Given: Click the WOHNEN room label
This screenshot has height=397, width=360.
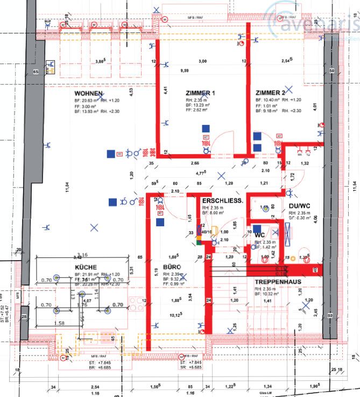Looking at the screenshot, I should coord(89,93).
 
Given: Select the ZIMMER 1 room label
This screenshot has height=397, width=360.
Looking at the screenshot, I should coord(200,93).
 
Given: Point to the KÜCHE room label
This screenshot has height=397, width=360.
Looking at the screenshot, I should coord(86,267).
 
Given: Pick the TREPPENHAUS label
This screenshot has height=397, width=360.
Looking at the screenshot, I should coord(278,282).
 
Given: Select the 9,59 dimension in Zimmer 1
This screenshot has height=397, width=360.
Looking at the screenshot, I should coord(183,70).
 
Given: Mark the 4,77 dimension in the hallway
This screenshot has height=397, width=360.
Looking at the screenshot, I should coord(201,173).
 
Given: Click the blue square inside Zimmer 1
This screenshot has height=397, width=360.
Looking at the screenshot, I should coord(205,128).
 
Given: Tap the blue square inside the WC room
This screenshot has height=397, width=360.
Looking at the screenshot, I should coord(257,229).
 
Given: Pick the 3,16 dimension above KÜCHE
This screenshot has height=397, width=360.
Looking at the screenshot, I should coord(83,255).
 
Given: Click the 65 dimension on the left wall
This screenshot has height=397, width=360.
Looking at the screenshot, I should coord(36,72).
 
